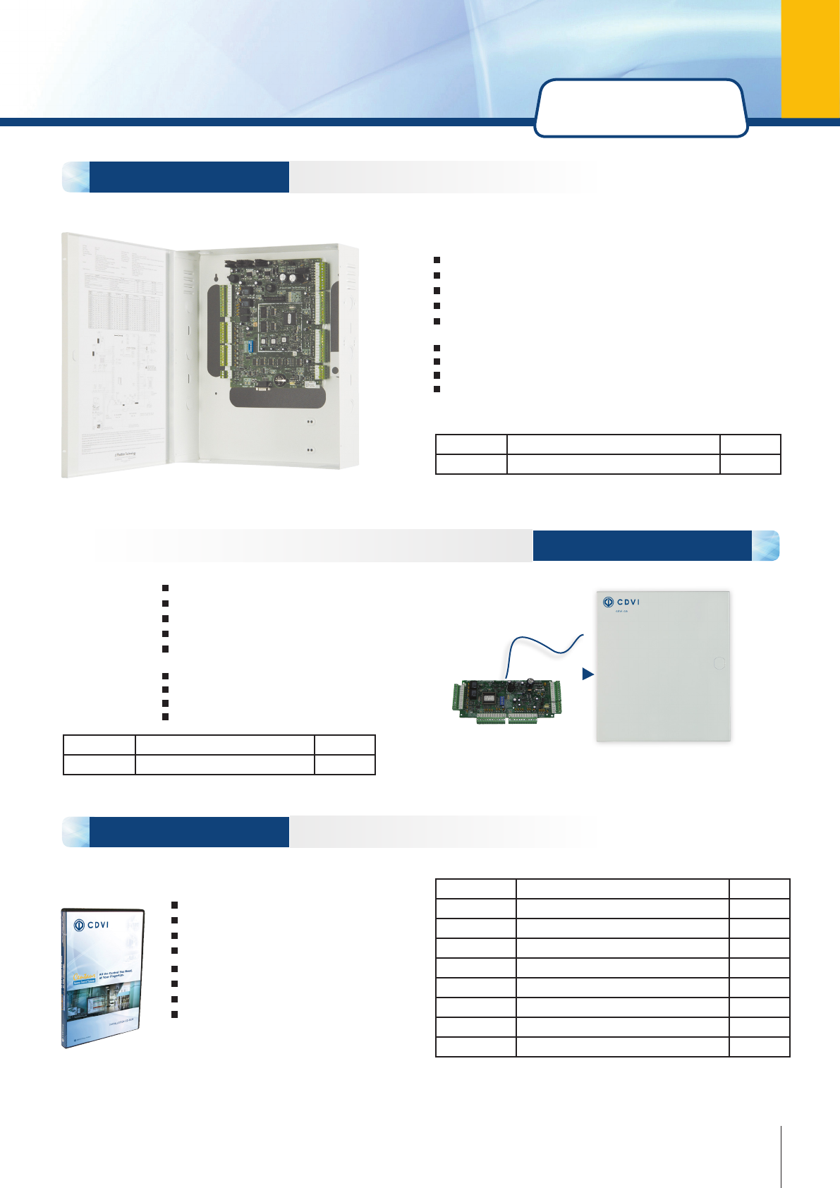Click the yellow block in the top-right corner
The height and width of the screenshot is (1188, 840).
coord(810,58)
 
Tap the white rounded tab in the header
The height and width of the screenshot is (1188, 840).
coord(640,107)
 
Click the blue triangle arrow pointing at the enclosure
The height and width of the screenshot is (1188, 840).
coord(588,674)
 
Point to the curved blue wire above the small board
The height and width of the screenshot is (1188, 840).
coord(543,645)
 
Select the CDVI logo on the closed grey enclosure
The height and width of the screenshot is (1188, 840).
coord(621,602)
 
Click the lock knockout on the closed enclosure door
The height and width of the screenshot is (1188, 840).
coord(719,663)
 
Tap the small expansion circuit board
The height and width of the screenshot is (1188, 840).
coord(507,701)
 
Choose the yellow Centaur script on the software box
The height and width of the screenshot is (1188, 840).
coord(84,976)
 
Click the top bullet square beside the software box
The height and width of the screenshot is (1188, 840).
coord(175,904)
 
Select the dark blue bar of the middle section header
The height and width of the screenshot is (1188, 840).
coord(642,545)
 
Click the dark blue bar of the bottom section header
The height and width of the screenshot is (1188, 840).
coord(189,832)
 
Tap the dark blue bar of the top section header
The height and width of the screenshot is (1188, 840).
coord(189,177)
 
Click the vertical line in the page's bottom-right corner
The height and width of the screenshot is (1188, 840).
coord(781,1157)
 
